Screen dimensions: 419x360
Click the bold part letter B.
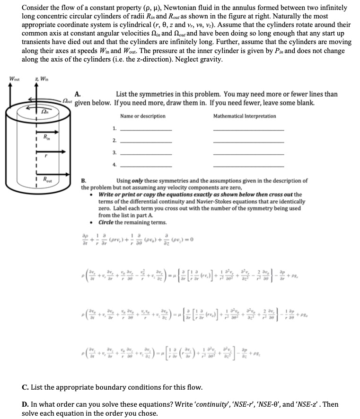point(84,180)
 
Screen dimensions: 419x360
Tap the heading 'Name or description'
point(143,116)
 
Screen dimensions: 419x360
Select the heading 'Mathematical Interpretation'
point(245,116)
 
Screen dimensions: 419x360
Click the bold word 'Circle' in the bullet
point(108,223)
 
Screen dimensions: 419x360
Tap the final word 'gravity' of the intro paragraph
point(210,59)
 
